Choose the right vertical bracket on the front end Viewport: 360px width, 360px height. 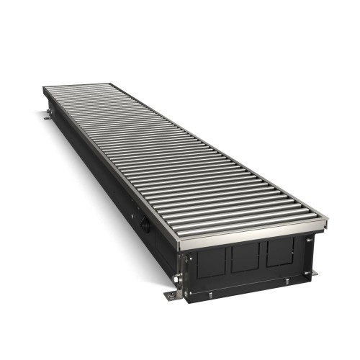pyautogui.click(x=307, y=249)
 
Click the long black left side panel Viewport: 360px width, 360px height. pyautogui.click(x=101, y=180)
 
